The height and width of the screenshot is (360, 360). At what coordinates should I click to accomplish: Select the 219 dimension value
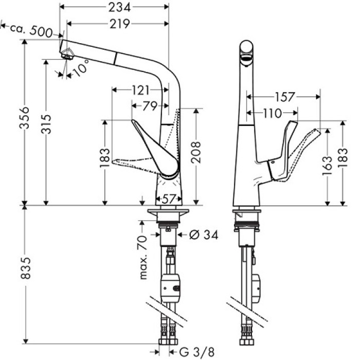point(118,24)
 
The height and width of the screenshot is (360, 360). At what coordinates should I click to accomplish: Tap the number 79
point(149,106)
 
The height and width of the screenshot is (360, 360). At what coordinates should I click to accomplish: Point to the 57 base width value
point(167,198)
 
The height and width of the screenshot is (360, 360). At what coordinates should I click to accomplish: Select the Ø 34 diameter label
point(204,235)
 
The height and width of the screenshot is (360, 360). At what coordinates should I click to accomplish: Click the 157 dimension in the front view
point(284,96)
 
